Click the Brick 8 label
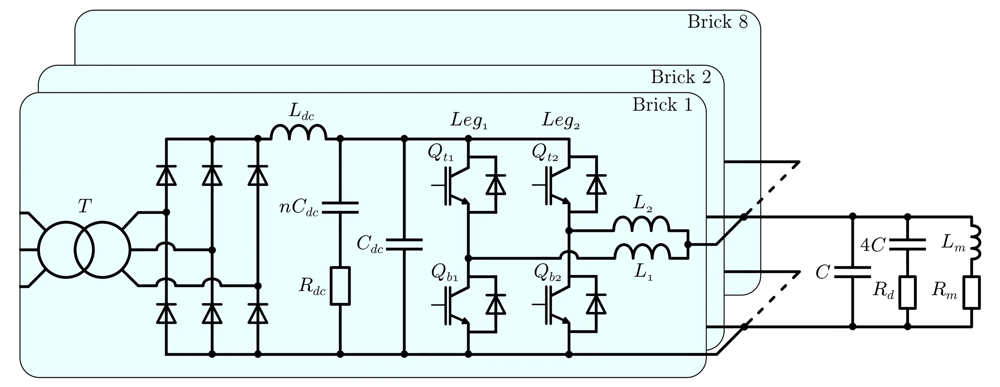(x=718, y=22)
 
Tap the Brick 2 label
(x=681, y=77)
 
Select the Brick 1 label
(x=662, y=105)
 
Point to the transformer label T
(x=85, y=206)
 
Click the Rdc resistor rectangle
(x=340, y=285)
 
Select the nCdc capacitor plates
(x=340, y=208)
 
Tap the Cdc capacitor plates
(x=404, y=244)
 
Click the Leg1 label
(x=469, y=120)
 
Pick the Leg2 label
(x=561, y=120)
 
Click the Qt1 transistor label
(x=441, y=153)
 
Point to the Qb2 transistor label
(x=547, y=272)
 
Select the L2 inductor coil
(x=641, y=224)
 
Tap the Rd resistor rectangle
(x=907, y=292)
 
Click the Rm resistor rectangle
(x=971, y=292)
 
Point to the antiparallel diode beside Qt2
(x=596, y=184)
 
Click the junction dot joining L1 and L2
(x=688, y=244)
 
